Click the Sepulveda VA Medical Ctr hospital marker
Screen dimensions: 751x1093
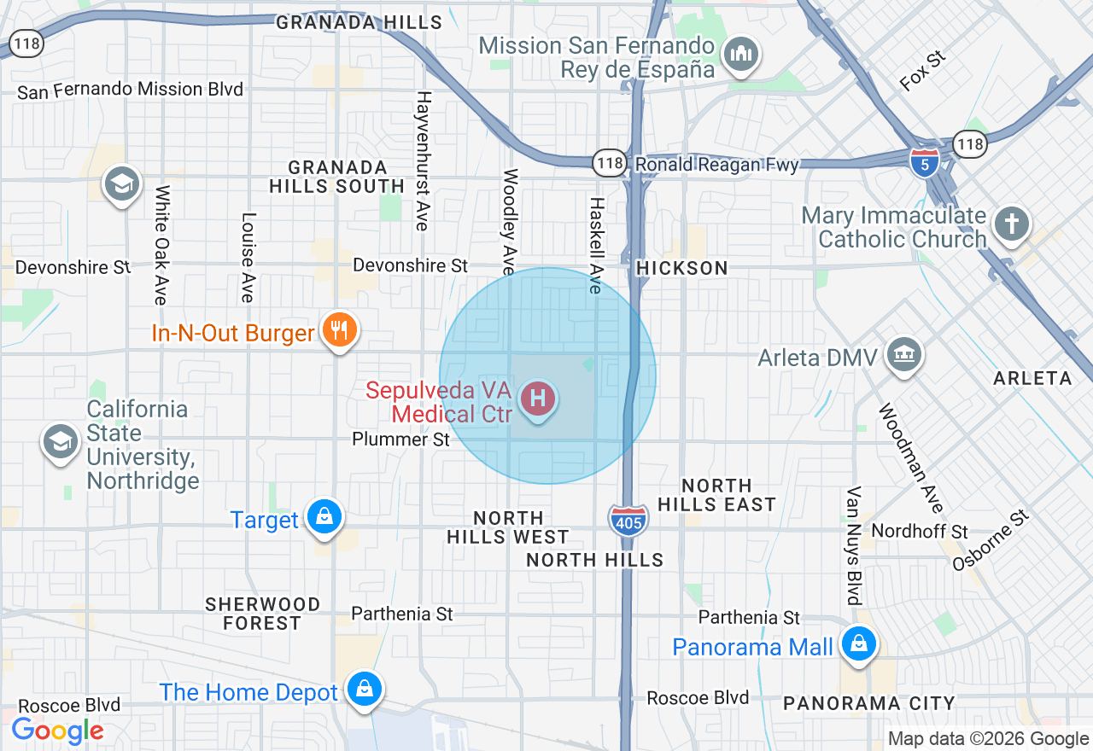click(538, 399)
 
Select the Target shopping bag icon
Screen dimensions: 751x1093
click(324, 517)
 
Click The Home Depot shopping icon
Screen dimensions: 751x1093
click(365, 689)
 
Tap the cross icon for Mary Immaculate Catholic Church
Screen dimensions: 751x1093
click(1011, 225)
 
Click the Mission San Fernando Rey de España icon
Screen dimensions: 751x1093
click(739, 55)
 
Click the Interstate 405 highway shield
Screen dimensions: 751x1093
click(628, 519)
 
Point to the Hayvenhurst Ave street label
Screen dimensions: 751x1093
click(422, 160)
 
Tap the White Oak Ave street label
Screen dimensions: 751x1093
click(161, 245)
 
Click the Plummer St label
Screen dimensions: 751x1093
click(400, 440)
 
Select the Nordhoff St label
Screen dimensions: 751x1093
click(920, 532)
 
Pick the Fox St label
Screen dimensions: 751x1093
click(923, 70)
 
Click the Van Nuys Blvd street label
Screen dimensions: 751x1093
click(853, 545)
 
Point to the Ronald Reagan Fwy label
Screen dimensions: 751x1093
click(716, 164)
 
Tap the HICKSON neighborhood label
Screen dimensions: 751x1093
click(682, 268)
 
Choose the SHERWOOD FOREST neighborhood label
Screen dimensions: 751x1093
click(263, 614)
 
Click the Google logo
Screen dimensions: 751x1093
click(57, 731)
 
